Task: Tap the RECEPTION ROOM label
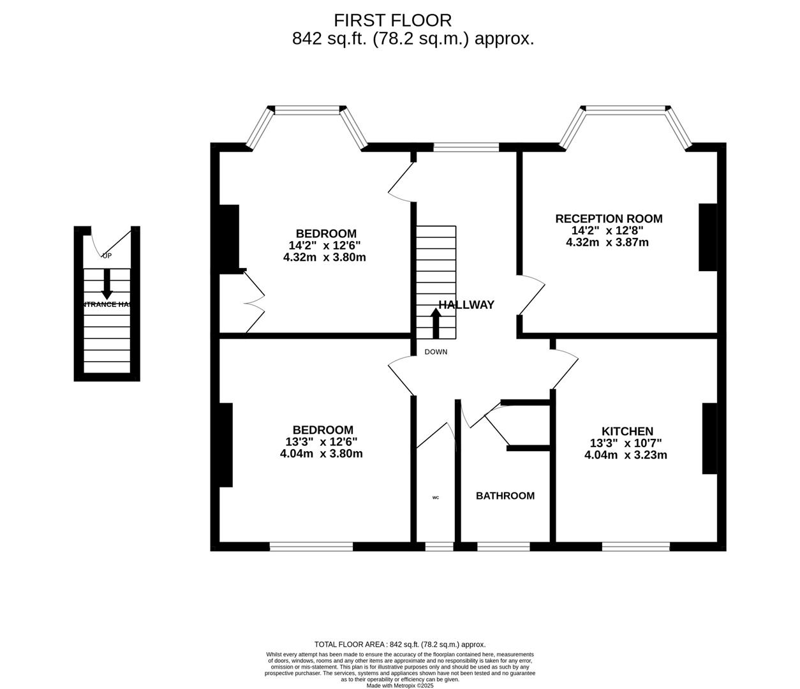(x=609, y=219)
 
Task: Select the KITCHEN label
(x=627, y=432)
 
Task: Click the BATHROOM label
(x=505, y=496)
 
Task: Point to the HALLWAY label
(x=466, y=305)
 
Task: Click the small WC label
(x=436, y=498)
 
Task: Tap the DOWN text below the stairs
(x=436, y=352)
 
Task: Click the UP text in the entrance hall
(x=107, y=256)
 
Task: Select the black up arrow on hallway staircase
(x=436, y=323)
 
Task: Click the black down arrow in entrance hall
(x=107, y=284)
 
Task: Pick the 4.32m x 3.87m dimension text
(x=607, y=242)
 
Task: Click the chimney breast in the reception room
(x=708, y=237)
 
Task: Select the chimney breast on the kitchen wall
(x=709, y=438)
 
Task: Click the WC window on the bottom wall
(x=439, y=546)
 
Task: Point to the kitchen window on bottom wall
(x=635, y=546)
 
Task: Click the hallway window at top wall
(x=466, y=147)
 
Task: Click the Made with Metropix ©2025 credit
(x=400, y=686)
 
